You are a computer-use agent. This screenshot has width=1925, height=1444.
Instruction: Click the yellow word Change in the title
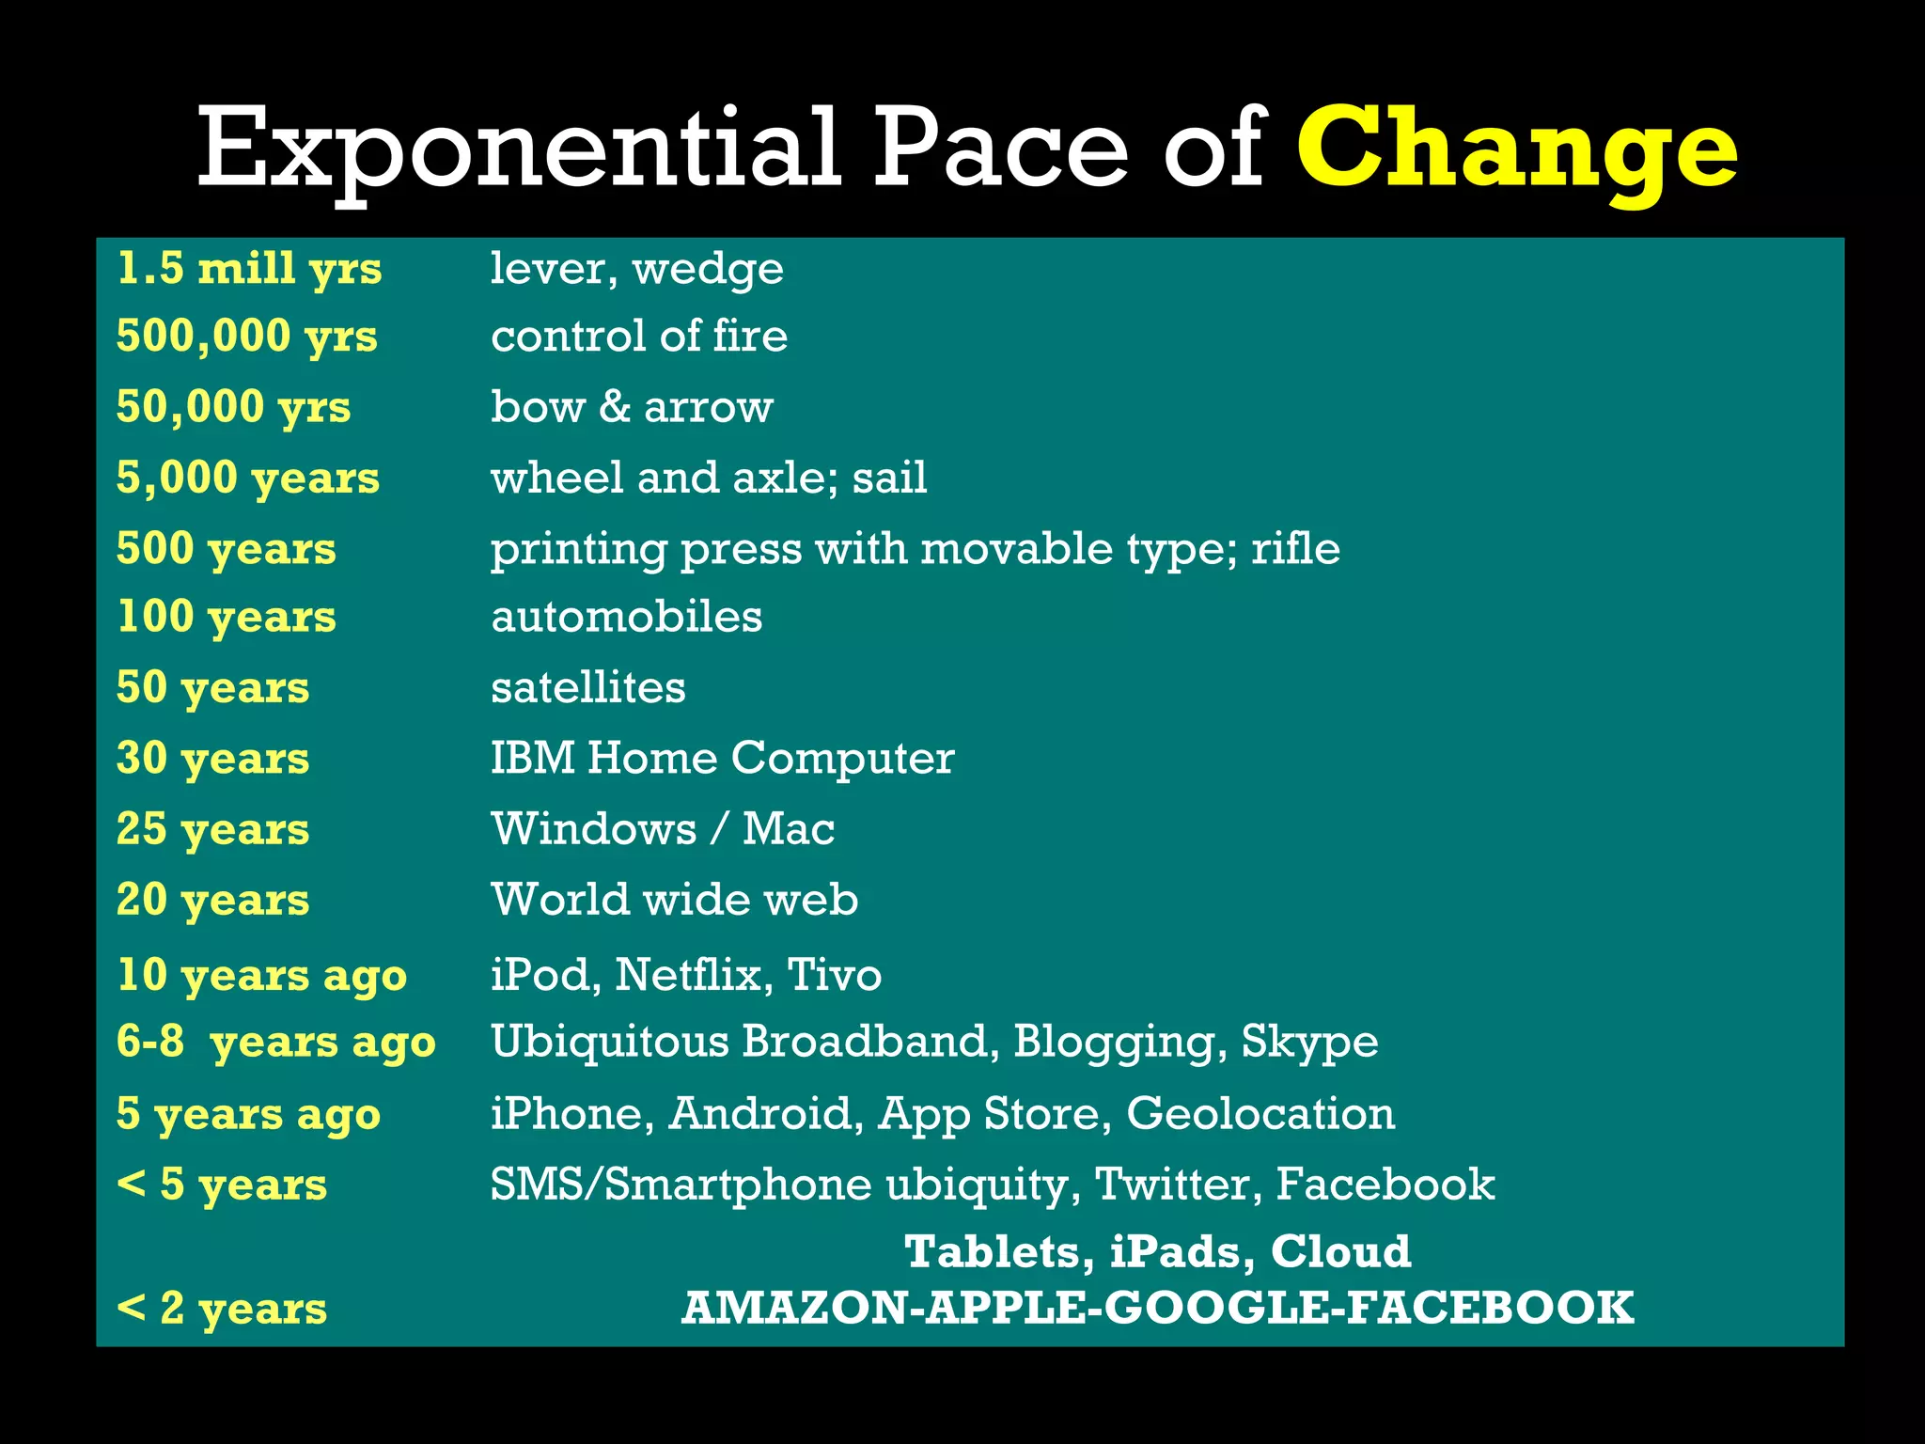tap(1516, 150)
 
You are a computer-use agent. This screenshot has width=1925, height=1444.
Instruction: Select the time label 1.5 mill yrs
tap(249, 269)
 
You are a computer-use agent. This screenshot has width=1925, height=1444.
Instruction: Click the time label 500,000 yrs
tap(246, 337)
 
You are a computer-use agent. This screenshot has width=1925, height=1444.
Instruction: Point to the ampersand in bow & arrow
tap(615, 406)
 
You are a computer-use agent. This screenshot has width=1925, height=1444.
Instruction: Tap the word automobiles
tap(626, 617)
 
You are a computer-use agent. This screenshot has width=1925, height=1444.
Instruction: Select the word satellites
tap(587, 687)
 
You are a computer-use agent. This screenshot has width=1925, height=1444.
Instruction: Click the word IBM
tap(532, 758)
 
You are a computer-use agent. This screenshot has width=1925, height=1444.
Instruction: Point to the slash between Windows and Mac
tap(719, 829)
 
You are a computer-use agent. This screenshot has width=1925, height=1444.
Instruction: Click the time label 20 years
tap(212, 900)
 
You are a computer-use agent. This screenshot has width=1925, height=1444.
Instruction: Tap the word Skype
tap(1309, 1043)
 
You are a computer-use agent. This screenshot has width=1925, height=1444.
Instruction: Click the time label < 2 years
tap(222, 1308)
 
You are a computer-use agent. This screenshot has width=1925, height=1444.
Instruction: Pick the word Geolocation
tap(1260, 1113)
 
